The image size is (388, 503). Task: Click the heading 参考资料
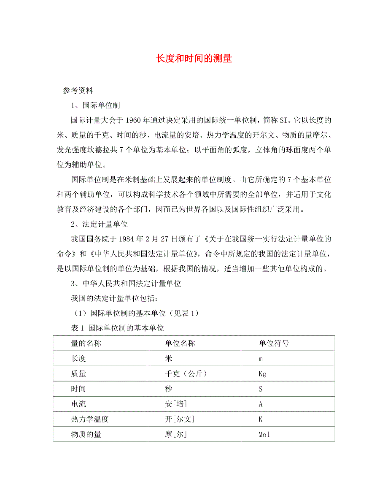pyautogui.click(x=78, y=90)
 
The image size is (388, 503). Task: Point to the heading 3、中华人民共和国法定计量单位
pyautogui.click(x=126, y=284)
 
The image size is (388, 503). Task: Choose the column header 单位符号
pyautogui.click(x=274, y=343)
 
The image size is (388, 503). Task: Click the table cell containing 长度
pyautogui.click(x=79, y=359)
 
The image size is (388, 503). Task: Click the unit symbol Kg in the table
pyautogui.click(x=262, y=374)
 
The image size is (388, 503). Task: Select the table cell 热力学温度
pyautogui.click(x=90, y=419)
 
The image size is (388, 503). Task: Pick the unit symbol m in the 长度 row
pyautogui.click(x=261, y=359)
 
